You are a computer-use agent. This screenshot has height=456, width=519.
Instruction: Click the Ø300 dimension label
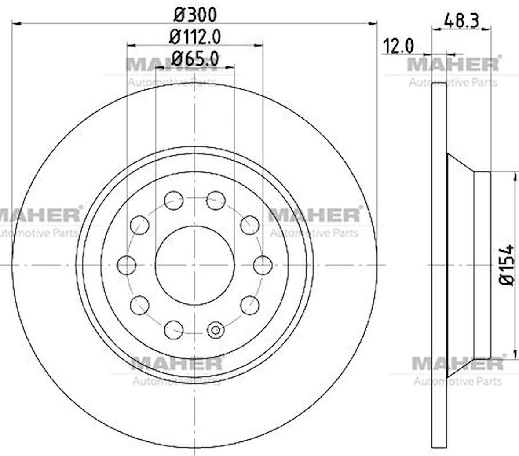coord(195,15)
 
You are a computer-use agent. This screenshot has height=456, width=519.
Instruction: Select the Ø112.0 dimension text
coord(195,36)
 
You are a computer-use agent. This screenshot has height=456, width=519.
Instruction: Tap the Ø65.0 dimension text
coord(195,58)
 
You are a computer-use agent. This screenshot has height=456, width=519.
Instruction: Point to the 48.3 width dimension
coord(461,20)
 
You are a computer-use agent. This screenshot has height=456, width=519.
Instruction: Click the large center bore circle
coord(194,265)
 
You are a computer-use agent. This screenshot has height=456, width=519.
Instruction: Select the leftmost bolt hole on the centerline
coord(127,265)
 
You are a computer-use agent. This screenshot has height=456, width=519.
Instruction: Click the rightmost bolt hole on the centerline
coord(263,265)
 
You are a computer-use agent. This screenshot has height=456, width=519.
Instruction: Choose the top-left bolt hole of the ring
coord(173,201)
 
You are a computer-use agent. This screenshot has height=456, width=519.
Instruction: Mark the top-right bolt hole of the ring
coord(216,201)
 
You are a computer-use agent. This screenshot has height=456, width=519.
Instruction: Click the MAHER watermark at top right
coord(453,64)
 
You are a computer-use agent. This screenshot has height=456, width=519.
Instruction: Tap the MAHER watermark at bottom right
coord(457,364)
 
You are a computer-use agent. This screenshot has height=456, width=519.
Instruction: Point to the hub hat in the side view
coord(468,265)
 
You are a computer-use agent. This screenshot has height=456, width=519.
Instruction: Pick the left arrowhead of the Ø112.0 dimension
coord(130,44)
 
